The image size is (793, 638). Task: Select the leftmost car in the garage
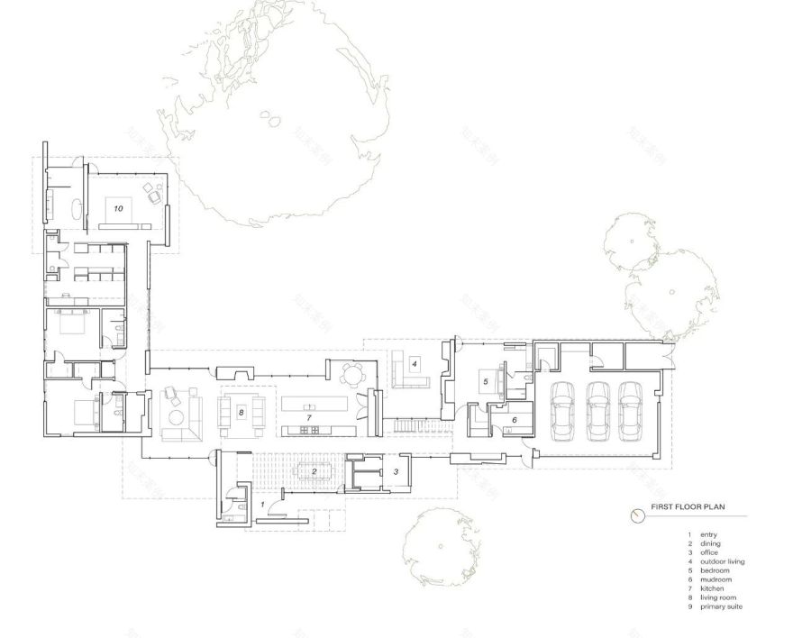pos(562,407)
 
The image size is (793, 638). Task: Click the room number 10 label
pos(118,207)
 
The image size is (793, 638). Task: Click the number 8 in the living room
pos(241,413)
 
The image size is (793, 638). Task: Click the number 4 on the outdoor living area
pos(414,364)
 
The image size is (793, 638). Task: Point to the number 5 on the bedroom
pos(486,382)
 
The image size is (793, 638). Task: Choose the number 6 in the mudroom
pos(514,420)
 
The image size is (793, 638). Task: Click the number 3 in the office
pos(395,471)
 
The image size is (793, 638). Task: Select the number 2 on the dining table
pos(314,471)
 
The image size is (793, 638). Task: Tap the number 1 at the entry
pos(262,506)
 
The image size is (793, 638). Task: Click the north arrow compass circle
pos(638,515)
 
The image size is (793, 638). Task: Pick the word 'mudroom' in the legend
pos(714,579)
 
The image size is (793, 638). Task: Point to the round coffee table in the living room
pos(175,416)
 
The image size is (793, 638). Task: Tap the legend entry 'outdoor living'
pos(721,561)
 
